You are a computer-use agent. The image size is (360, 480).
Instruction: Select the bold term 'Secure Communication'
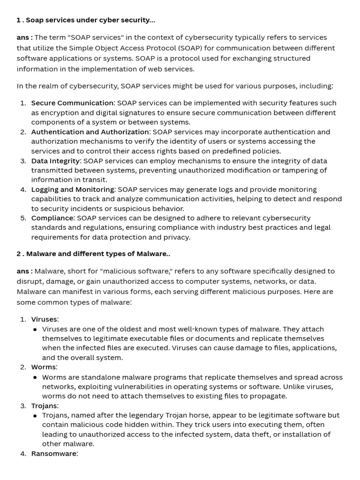72,103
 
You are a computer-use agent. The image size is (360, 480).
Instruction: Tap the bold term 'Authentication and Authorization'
90,132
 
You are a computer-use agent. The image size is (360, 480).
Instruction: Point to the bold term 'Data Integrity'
55,161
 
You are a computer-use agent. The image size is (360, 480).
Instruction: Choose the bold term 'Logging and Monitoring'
73,189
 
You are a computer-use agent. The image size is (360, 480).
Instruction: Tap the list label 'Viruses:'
45,319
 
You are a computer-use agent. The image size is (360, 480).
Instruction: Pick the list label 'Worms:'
44,367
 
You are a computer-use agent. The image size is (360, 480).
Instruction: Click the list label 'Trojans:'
45,405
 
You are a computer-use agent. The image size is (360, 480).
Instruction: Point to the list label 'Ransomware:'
54,453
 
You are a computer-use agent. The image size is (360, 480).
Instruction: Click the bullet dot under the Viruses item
35,330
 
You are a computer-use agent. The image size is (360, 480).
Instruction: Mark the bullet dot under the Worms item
35,377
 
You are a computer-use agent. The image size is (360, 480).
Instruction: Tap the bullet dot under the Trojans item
35,416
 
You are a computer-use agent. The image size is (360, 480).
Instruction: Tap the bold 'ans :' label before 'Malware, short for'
24,271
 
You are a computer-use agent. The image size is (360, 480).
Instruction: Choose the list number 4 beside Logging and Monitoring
22,189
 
